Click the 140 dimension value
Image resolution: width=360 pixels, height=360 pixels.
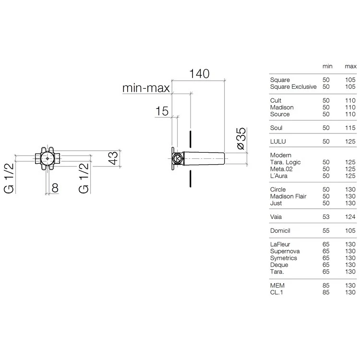coord(199,74)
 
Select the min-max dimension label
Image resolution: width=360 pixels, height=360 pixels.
coord(146,88)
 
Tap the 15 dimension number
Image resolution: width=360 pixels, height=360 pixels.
coord(162,111)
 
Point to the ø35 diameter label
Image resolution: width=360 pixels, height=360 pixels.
coord(241,138)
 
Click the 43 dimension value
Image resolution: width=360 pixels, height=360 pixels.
coord(113,158)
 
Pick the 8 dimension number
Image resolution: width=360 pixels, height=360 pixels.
coord(55,188)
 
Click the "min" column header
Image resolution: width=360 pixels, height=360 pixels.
coord(327,66)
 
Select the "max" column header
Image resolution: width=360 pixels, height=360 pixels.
coord(350,66)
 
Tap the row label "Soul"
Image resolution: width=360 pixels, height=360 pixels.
coord(276,128)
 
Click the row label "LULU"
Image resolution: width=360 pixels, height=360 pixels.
coord(278,142)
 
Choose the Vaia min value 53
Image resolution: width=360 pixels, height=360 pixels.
coord(326,217)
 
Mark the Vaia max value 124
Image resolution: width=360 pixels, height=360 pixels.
coord(350,217)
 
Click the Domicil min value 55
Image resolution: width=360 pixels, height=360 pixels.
coord(326,230)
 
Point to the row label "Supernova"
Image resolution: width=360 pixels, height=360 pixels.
coord(285,251)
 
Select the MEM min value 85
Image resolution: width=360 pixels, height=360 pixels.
coord(326,286)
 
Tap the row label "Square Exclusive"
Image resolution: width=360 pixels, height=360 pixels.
coord(293,87)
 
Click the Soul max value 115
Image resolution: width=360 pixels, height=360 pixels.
coord(350,128)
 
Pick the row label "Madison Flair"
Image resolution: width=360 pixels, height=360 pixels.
coord(288,196)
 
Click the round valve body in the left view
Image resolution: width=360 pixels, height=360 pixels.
coord(48,158)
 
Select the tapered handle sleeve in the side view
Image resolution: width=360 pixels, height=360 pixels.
coord(204,158)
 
